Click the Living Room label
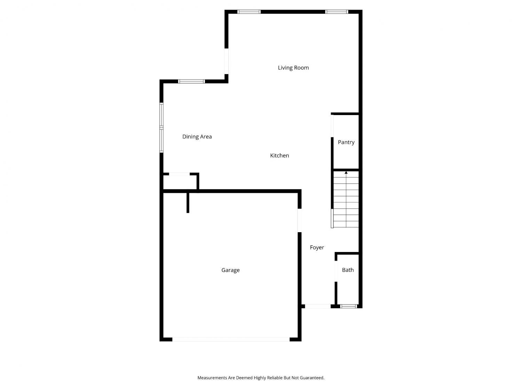pos(293,68)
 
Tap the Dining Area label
pos(197,137)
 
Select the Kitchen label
pos(279,155)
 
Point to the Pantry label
pos(346,142)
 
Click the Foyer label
pos(317,247)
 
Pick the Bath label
pos(348,270)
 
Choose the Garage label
pos(230,270)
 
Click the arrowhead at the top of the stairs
pos(346,173)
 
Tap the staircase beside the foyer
pos(346,199)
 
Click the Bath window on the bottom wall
pos(348,306)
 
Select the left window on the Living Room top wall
pos(249,12)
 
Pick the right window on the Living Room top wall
pos(337,12)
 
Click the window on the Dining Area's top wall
pos(191,81)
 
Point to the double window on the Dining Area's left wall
pos(161,128)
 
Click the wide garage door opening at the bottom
pos(231,340)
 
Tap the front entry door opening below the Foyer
pos(318,306)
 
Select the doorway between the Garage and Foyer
pos(300,220)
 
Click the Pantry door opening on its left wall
pos(332,126)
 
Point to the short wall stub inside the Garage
pos(188,203)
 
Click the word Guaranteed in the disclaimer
pos(312,378)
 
